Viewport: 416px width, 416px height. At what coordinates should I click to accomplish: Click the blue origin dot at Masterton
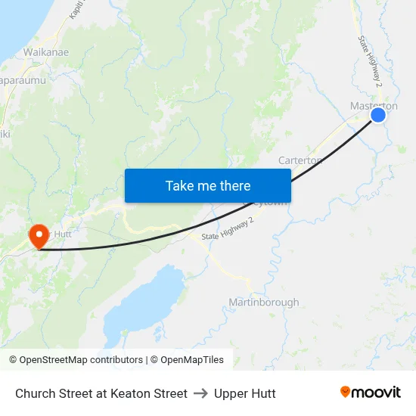(x=378, y=115)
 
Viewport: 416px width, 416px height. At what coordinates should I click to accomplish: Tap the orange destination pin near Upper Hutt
(x=38, y=235)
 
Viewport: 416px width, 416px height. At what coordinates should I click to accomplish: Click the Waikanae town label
(x=47, y=52)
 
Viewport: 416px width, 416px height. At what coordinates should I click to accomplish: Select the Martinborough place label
(x=263, y=303)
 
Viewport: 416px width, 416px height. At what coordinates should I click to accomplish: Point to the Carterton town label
(x=300, y=160)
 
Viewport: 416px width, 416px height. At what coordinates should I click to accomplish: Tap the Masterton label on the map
(x=374, y=106)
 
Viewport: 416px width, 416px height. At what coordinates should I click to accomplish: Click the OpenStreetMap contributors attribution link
(x=81, y=360)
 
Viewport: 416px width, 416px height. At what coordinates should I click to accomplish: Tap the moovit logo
(x=371, y=393)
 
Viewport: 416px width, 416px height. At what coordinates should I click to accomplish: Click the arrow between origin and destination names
(x=200, y=393)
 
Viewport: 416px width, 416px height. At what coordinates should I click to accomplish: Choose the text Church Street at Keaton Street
(x=101, y=393)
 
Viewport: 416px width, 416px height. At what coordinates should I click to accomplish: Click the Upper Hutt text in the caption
(x=244, y=393)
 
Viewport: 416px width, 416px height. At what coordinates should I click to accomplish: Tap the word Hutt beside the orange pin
(x=62, y=234)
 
